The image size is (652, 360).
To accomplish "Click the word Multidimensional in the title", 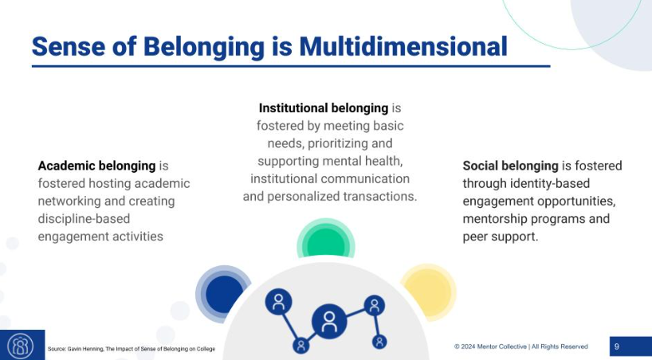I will pos(403,46).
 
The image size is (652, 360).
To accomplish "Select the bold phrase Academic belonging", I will pos(96,166).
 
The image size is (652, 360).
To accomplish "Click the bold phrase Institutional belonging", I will pos(323,108).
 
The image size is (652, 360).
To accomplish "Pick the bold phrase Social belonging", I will pos(510,166).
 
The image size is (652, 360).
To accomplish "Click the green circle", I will pos(325,241).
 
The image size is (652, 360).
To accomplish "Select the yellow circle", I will pos(427,288).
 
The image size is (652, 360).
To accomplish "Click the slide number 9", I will pos(617,346).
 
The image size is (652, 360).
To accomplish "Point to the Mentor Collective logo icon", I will pos(21,346).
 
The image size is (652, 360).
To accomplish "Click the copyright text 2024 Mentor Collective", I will pos(521,346).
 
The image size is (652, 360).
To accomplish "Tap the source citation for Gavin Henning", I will pos(131,349).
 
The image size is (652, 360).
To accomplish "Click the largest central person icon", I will pos(328,321).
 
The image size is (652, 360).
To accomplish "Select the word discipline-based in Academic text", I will pos(84,218).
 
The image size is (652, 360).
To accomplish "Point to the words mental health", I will pos(376,161).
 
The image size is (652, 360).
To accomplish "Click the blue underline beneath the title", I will pos(291,66).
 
